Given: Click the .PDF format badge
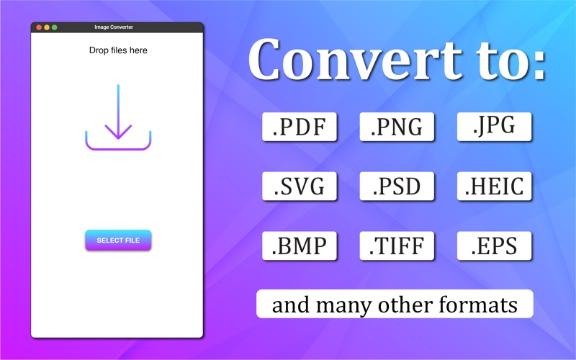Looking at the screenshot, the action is [300, 127].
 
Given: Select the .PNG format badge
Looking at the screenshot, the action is [397, 127].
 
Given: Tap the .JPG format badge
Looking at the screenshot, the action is [494, 127].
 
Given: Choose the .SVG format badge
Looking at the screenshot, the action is [300, 186].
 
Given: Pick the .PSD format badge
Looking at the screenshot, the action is [397, 186].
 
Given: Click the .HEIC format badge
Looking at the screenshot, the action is [494, 186].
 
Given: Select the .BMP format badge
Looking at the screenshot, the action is [300, 246].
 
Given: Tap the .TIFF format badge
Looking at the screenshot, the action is [397, 246].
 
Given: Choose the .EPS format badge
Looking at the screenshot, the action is [494, 246].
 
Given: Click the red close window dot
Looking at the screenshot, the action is [39, 27].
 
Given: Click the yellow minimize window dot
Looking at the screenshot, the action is [47, 27].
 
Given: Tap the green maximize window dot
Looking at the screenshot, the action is [55, 27].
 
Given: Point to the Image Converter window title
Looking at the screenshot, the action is [114, 27].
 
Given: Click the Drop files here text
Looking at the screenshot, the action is [118, 50].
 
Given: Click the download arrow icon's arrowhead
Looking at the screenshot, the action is [118, 132].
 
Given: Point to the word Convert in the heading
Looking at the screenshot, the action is [355, 60].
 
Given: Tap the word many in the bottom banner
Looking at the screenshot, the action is [344, 306].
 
